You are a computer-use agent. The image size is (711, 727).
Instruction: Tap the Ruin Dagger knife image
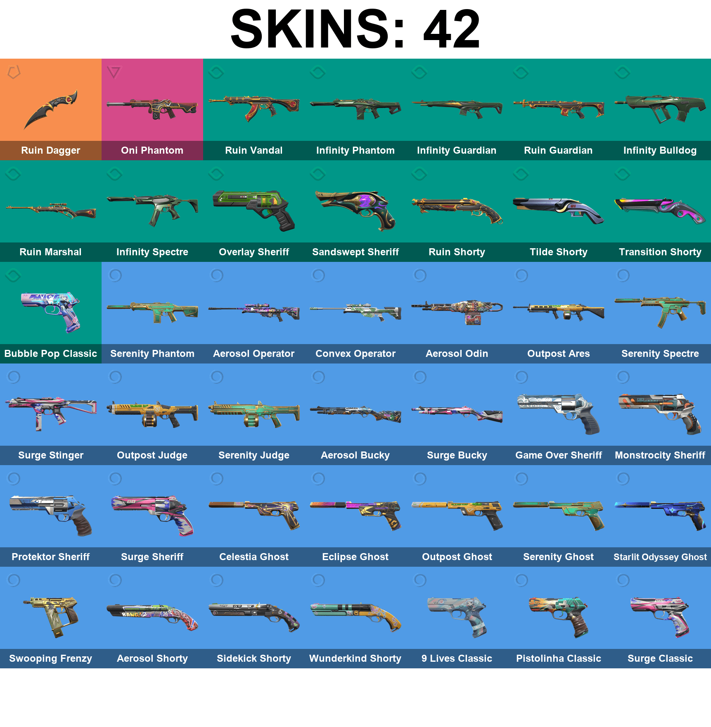[51, 108]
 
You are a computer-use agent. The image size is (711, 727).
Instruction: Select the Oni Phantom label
[152, 150]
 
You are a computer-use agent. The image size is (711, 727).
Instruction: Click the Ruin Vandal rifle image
[254, 107]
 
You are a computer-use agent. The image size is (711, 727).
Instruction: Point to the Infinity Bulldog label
[660, 150]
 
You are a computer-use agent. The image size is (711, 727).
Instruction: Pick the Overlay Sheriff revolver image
[254, 209]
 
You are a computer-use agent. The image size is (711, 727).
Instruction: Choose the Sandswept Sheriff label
[355, 252]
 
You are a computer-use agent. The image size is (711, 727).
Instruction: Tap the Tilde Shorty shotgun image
[558, 209]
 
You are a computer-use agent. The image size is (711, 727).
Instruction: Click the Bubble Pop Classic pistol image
[51, 311]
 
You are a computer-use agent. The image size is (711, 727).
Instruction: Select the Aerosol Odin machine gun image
[457, 311]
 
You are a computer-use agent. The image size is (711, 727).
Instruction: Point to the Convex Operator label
[355, 354]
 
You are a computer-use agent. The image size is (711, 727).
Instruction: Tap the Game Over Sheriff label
[558, 455]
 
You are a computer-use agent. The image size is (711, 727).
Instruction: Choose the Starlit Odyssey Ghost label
[660, 557]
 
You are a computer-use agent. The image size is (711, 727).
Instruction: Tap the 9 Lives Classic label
[457, 658]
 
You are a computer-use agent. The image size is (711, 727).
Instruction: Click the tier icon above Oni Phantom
[114, 72]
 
